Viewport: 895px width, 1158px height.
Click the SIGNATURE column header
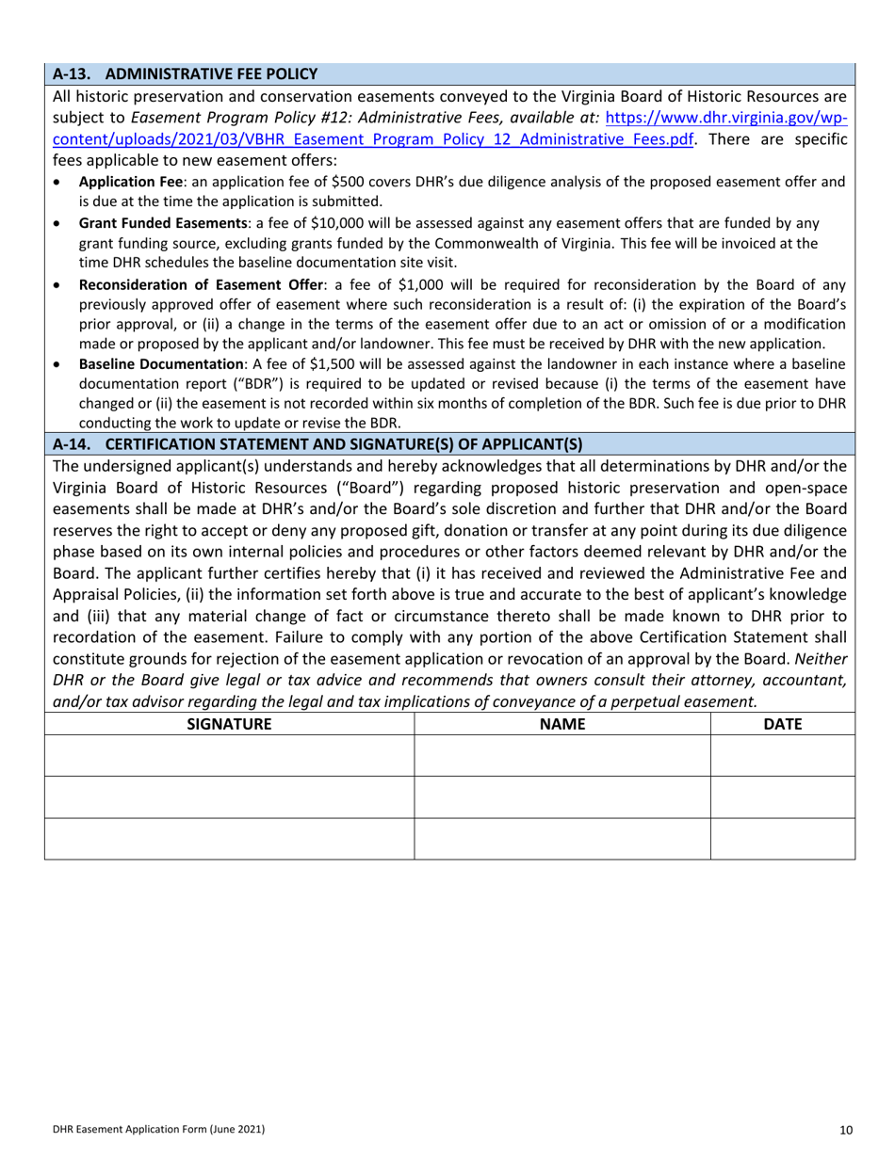pyautogui.click(x=230, y=724)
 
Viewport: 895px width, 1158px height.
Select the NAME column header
pyautogui.click(x=562, y=724)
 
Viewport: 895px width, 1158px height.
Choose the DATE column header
pyautogui.click(x=782, y=724)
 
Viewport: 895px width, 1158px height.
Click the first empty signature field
pyautogui.click(x=230, y=756)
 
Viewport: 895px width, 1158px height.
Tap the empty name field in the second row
pyautogui.click(x=562, y=797)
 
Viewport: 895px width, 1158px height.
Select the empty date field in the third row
pyautogui.click(x=782, y=839)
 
